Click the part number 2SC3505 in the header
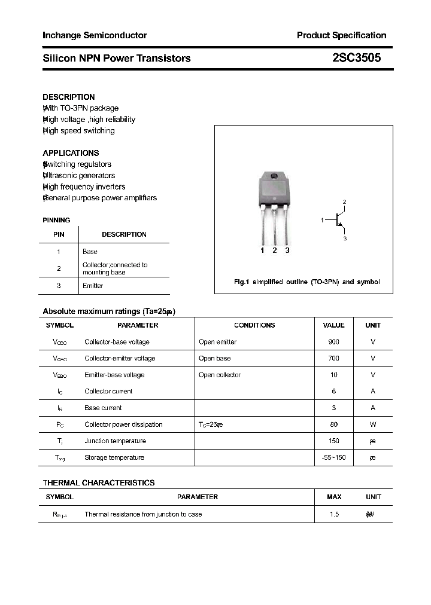pyautogui.click(x=356, y=59)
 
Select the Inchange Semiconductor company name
pyautogui.click(x=95, y=35)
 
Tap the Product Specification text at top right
pyautogui.click(x=341, y=35)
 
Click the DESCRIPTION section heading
pyautogui.click(x=69, y=97)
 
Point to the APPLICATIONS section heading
pyautogui.click(x=71, y=153)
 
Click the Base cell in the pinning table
pyautogui.click(x=90, y=252)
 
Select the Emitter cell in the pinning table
pyautogui.click(x=93, y=286)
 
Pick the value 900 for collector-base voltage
pyautogui.click(x=333, y=342)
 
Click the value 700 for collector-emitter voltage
pyautogui.click(x=333, y=358)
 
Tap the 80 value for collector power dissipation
pyautogui.click(x=333, y=424)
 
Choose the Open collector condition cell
pyautogui.click(x=220, y=375)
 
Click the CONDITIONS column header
pyautogui.click(x=254, y=325)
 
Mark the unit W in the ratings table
pyautogui.click(x=373, y=424)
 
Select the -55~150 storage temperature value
pyautogui.click(x=333, y=457)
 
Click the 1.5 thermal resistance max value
pyautogui.click(x=334, y=514)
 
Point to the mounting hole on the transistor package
pyautogui.click(x=274, y=176)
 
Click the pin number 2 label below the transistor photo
pyautogui.click(x=275, y=250)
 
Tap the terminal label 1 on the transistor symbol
pyautogui.click(x=322, y=221)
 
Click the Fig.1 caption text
pyautogui.click(x=306, y=282)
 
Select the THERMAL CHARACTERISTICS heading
pyautogui.click(x=99, y=482)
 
